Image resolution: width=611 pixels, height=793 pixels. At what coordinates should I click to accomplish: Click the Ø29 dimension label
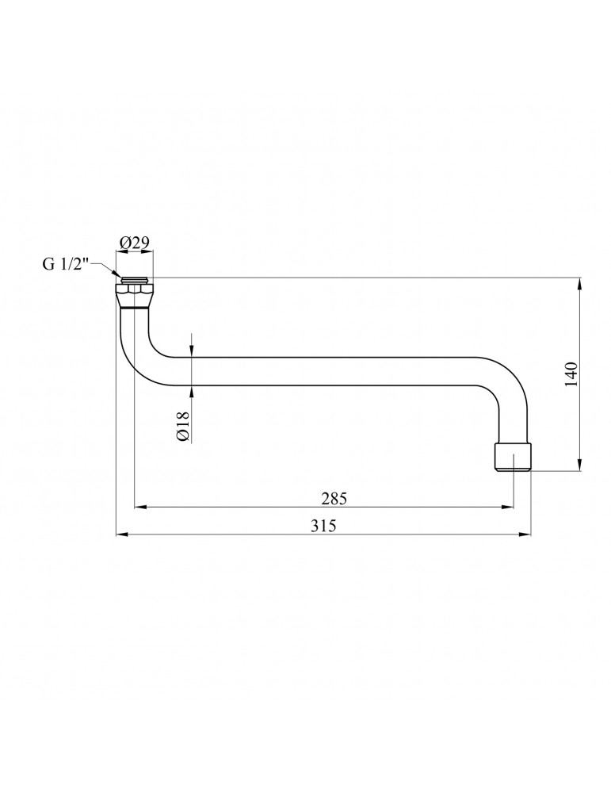[134, 243]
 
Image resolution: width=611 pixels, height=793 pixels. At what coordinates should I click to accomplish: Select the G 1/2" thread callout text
[65, 265]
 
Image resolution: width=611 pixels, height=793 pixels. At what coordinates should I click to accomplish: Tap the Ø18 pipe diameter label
[183, 427]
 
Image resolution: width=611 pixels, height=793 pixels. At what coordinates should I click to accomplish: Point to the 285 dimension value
[334, 499]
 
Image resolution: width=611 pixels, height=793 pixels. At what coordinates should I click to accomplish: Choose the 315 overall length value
[323, 526]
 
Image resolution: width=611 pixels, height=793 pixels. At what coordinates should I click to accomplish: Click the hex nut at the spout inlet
[135, 289]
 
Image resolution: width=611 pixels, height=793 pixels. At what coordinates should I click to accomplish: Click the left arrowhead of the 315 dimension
[121, 534]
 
